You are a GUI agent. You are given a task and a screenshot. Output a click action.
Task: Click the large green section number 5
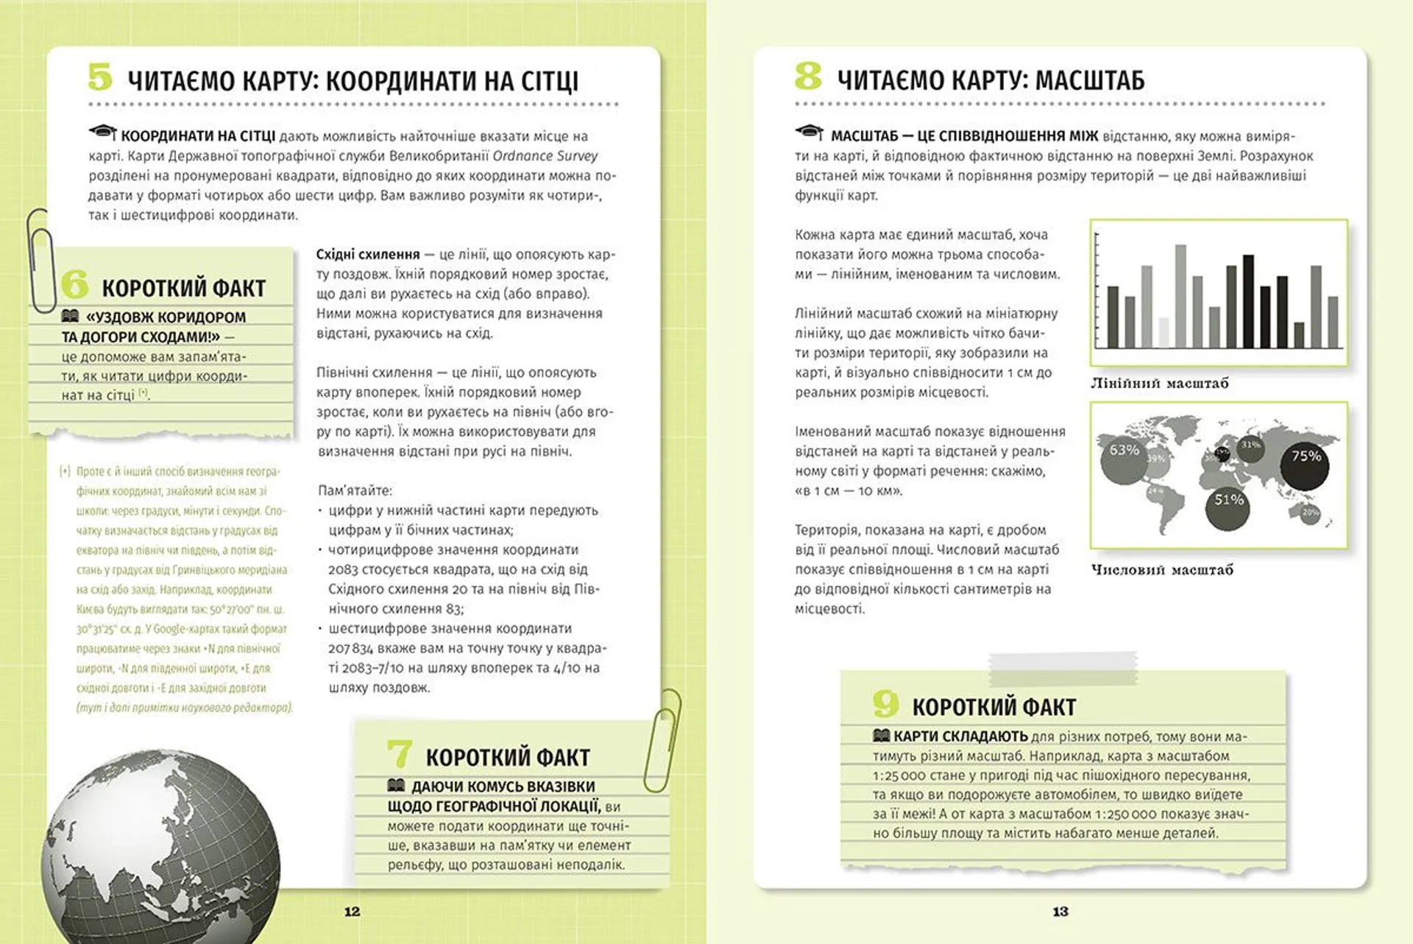pos(100,77)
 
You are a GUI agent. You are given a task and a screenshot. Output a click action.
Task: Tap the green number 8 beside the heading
pos(808,76)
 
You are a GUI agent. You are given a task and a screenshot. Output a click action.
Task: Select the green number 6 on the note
pos(74,285)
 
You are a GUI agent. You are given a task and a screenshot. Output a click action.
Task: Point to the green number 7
pos(399,754)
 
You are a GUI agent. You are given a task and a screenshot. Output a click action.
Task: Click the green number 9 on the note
pos(885,704)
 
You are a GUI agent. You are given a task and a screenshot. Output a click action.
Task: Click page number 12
pos(352,912)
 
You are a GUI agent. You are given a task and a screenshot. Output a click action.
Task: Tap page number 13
pos(1060,912)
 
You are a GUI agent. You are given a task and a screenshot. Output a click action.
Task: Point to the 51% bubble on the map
pos(1228,507)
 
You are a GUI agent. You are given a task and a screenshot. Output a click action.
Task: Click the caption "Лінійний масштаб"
pos(1159,383)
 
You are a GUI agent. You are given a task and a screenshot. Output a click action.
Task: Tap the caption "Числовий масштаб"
pos(1161,569)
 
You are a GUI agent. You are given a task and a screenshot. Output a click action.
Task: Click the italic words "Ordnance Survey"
pos(545,156)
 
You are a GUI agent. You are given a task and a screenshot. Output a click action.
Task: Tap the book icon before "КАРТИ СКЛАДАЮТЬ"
pos(880,736)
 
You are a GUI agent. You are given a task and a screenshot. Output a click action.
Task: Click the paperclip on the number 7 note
pos(662,740)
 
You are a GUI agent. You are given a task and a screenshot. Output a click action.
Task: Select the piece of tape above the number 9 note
pos(1063,667)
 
